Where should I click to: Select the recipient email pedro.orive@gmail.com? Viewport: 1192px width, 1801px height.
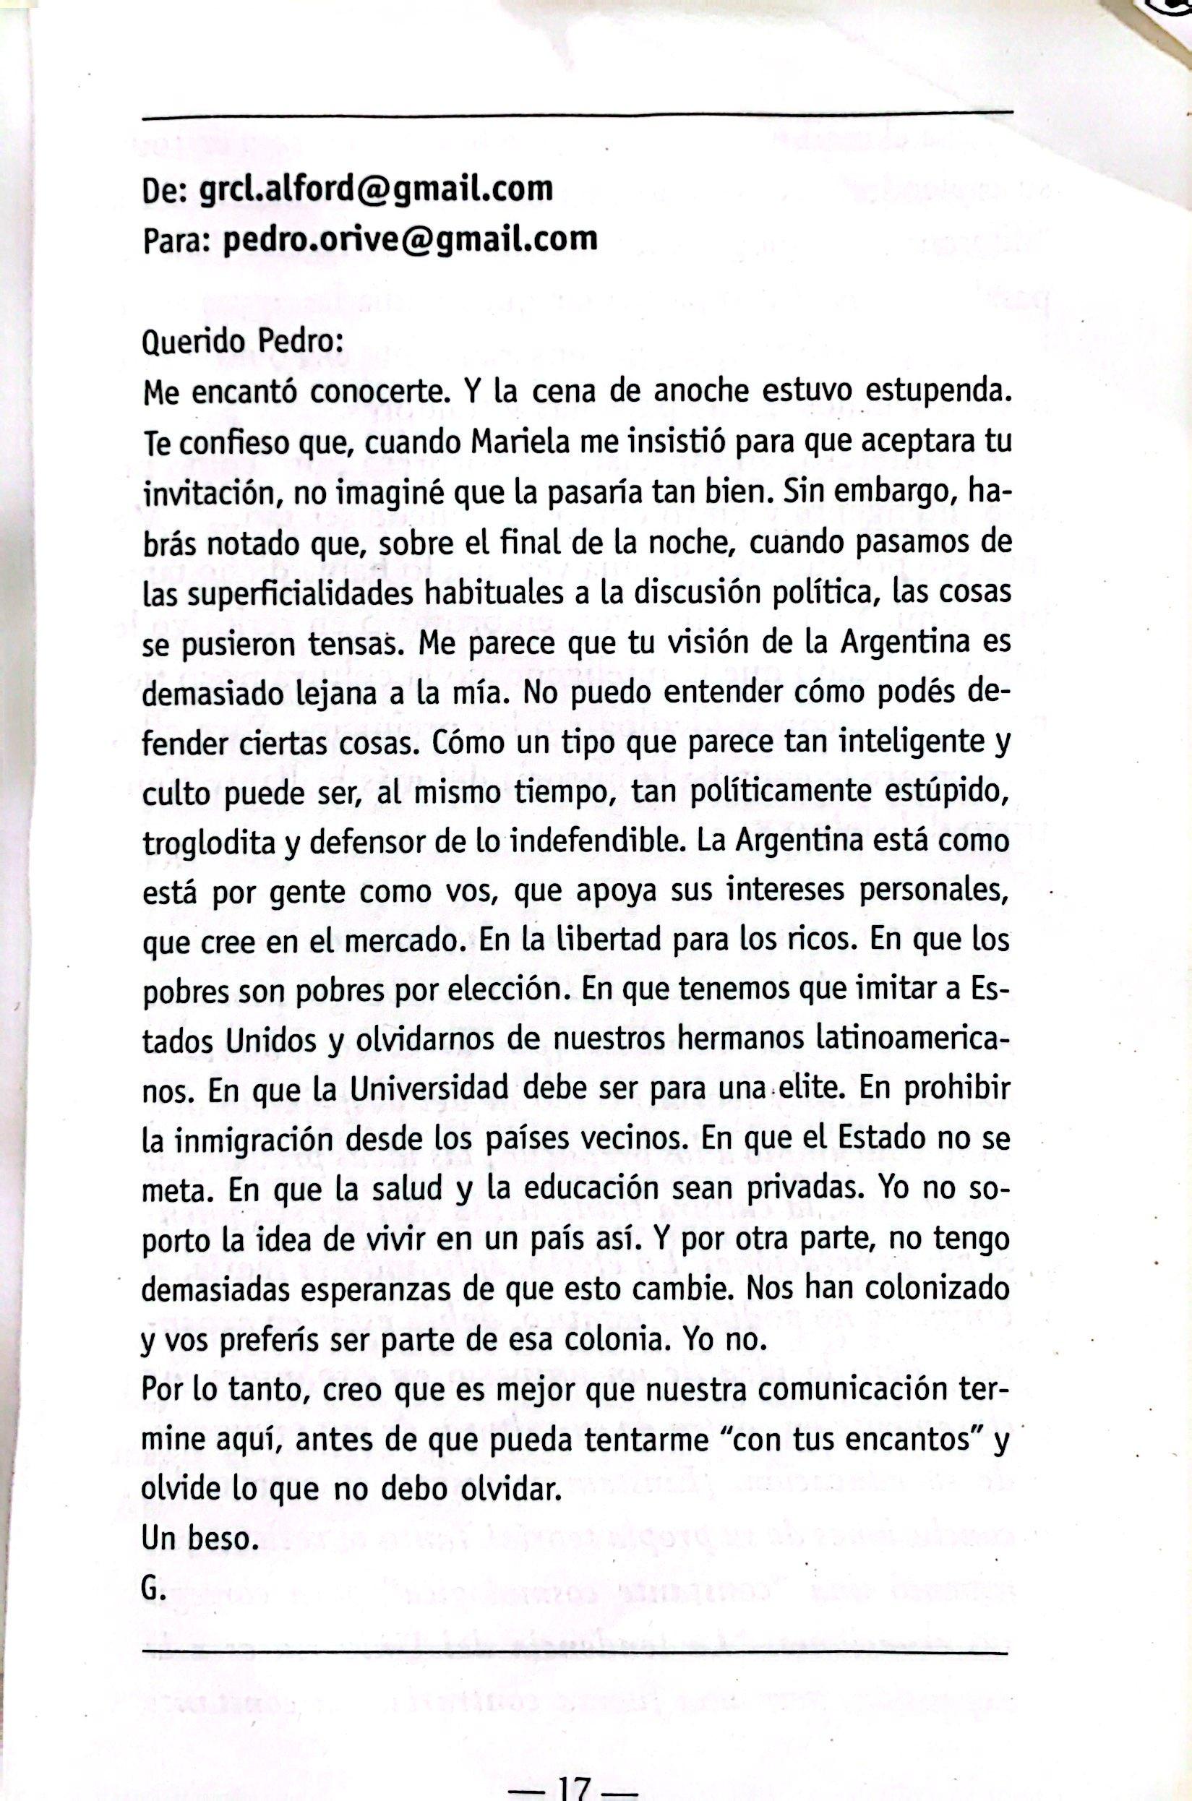coord(410,238)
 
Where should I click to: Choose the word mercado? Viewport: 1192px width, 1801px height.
coord(401,942)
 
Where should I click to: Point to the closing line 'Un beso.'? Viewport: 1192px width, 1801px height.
coord(196,1539)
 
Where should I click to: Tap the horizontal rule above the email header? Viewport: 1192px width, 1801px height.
coord(578,116)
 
